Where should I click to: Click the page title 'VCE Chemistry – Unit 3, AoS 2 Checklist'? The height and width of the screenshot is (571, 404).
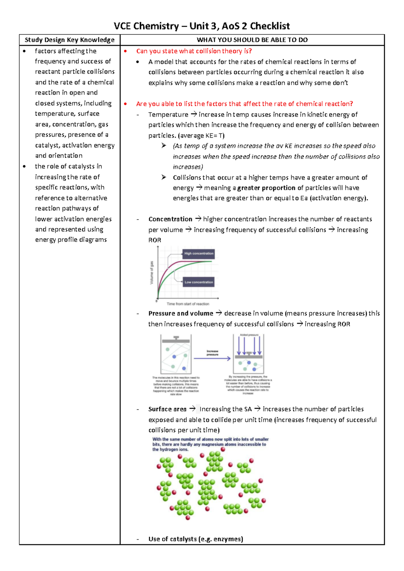point(202,26)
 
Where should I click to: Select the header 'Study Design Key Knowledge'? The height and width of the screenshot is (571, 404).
point(70,40)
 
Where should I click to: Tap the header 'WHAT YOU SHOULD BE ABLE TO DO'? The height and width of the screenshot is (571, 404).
point(252,40)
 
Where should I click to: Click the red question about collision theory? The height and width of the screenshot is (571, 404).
point(194,51)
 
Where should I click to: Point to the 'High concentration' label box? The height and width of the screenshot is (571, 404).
point(199,254)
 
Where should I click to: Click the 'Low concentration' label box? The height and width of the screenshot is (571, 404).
point(199,282)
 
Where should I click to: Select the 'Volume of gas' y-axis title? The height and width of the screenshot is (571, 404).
point(152,273)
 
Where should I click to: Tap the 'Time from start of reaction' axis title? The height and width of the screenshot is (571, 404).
point(188,304)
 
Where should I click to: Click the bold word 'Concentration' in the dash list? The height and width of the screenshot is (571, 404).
point(170,219)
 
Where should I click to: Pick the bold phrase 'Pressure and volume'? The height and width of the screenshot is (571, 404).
point(181,313)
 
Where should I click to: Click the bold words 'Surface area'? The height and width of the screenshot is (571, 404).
point(167,409)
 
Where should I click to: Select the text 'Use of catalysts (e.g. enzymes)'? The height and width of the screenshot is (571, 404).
point(196,539)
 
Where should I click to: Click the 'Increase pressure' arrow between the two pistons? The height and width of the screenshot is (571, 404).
point(212,358)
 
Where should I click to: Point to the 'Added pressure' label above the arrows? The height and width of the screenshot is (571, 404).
point(249,335)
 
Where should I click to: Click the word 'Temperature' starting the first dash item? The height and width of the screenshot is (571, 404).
point(168,114)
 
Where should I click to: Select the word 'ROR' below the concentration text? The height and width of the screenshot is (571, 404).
point(155,240)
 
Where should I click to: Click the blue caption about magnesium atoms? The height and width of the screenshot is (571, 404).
point(210,444)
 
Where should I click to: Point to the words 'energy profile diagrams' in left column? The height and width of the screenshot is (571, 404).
point(71,240)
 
